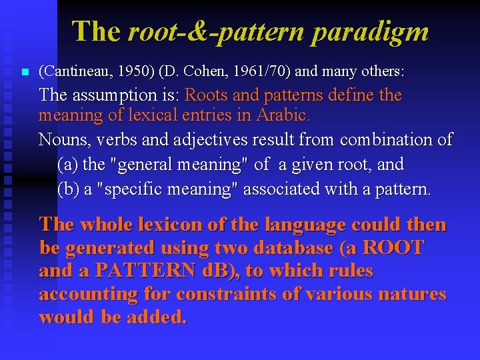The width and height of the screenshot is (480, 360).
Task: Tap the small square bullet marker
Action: click(x=25, y=71)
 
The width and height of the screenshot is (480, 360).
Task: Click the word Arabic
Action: click(x=285, y=115)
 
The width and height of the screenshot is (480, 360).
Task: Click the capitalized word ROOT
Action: click(x=393, y=248)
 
